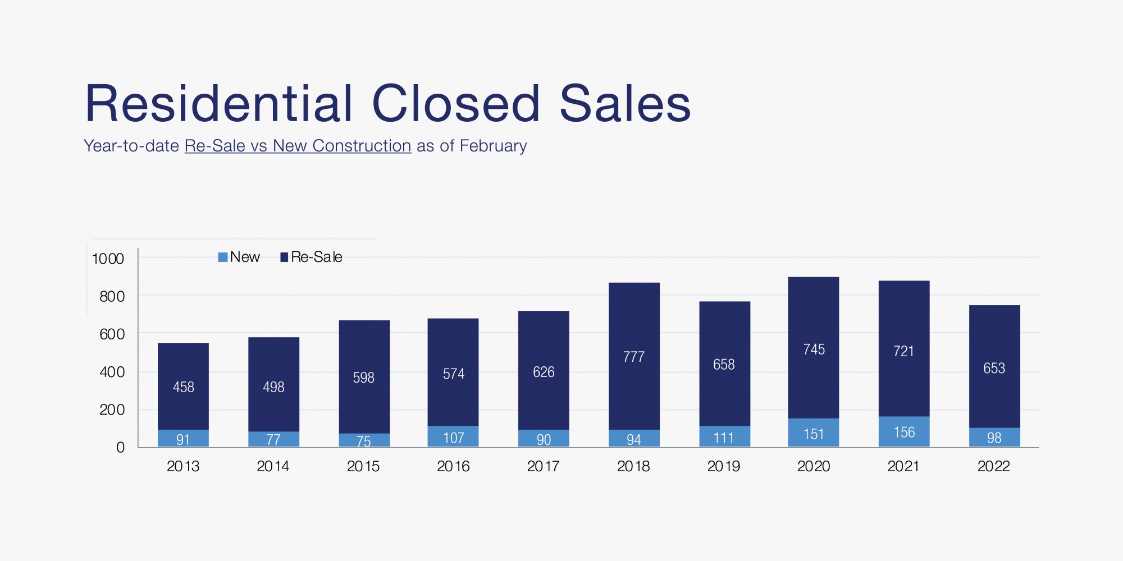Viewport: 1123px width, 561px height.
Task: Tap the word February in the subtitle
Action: pyautogui.click(x=493, y=146)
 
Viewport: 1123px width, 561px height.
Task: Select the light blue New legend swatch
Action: pyautogui.click(x=223, y=257)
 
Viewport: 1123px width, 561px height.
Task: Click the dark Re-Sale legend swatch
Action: pyautogui.click(x=284, y=257)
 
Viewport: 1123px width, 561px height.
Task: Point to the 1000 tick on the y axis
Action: pyautogui.click(x=108, y=259)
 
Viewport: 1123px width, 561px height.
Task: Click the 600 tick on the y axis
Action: pyautogui.click(x=112, y=334)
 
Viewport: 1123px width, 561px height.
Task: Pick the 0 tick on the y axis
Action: pyautogui.click(x=120, y=448)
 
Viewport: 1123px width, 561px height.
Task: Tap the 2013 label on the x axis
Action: pyautogui.click(x=183, y=466)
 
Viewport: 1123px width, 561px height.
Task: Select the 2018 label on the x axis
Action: pyautogui.click(x=633, y=466)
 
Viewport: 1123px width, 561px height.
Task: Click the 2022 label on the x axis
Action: pyautogui.click(x=993, y=466)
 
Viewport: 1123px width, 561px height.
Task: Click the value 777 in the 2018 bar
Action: pyautogui.click(x=634, y=357)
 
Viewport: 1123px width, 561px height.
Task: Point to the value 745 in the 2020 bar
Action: pyautogui.click(x=814, y=350)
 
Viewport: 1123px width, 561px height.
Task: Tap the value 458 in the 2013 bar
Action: pyautogui.click(x=184, y=387)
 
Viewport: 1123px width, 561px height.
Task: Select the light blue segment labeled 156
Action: pyautogui.click(x=904, y=432)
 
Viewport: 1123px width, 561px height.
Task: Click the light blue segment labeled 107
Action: pyautogui.click(x=453, y=437)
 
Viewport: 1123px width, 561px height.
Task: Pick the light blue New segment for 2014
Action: pyautogui.click(x=273, y=439)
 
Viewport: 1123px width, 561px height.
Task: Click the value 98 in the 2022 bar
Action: pyautogui.click(x=994, y=438)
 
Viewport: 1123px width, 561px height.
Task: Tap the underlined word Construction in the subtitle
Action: pyautogui.click(x=362, y=146)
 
